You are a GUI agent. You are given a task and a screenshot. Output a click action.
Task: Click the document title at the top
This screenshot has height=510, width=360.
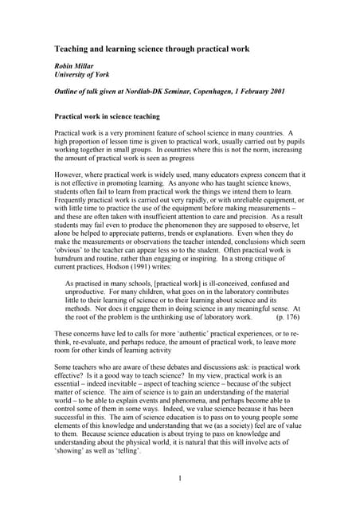point(151,49)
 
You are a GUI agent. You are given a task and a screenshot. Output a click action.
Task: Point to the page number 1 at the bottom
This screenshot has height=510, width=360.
point(180,478)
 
